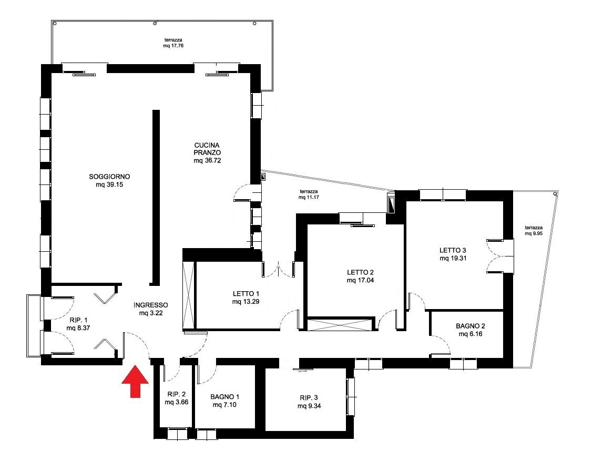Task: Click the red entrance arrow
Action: (x=135, y=381)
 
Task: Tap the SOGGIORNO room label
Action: (x=109, y=177)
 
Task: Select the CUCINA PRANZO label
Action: (x=207, y=149)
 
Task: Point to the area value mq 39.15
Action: (x=109, y=185)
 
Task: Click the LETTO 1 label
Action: (x=246, y=294)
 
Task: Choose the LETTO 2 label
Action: (x=360, y=272)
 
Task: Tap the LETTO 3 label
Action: (x=453, y=251)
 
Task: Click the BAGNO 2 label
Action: (x=471, y=326)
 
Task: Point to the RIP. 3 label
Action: (x=309, y=398)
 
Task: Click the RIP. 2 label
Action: (x=177, y=394)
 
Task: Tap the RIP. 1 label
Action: (x=78, y=320)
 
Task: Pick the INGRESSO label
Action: (x=151, y=305)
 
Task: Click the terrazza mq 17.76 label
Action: (x=173, y=43)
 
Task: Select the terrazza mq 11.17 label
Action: (x=309, y=194)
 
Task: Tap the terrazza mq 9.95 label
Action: (x=534, y=231)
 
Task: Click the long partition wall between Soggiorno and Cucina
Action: (x=156, y=198)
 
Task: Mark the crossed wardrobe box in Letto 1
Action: (x=189, y=295)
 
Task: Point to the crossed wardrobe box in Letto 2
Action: (x=341, y=324)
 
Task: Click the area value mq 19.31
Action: (x=453, y=259)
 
